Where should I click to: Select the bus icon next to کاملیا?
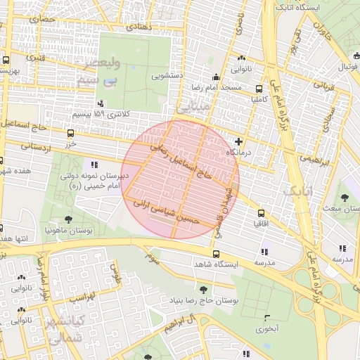[x=259, y=89]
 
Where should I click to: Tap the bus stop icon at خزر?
[x=70, y=132]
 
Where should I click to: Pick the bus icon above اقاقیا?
[x=262, y=212]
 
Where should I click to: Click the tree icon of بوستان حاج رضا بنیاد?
[x=203, y=289]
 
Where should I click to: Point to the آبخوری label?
[x=266, y=328]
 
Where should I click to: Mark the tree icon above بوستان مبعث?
[x=345, y=198]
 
